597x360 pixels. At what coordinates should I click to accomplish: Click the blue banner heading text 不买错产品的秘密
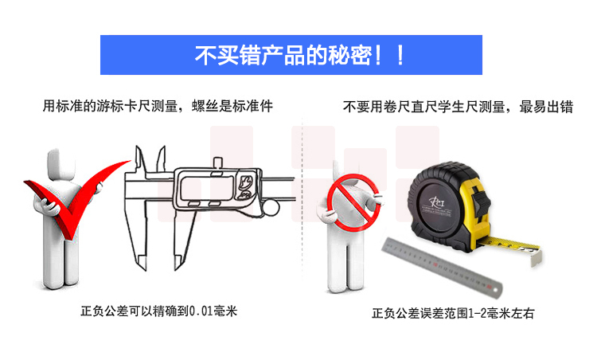tap(284, 56)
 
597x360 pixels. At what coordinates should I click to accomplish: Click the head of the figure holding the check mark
tap(61, 164)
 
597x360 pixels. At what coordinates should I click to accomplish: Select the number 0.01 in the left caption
tap(201, 311)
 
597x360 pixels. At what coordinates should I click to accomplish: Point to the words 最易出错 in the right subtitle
tap(546, 107)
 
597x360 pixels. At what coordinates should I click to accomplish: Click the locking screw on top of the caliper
tap(218, 162)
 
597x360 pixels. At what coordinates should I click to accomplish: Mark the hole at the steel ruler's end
tap(495, 291)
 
